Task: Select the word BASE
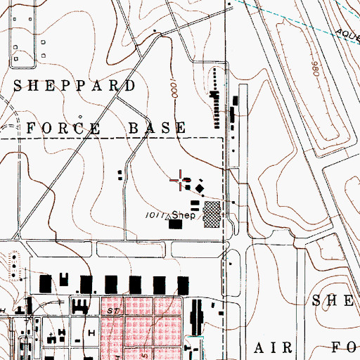tap(157, 128)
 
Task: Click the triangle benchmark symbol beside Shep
tap(167, 217)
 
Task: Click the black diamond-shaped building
tap(200, 188)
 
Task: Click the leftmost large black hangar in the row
tap(46, 285)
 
